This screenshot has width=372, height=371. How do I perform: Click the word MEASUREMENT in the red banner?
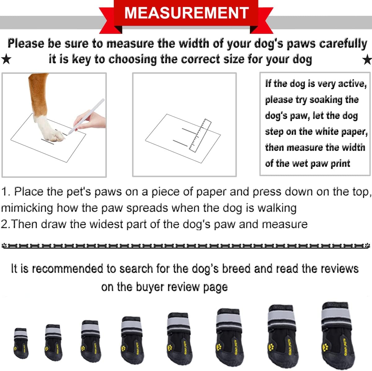coord(186,13)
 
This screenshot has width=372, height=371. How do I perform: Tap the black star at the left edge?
coord(6,59)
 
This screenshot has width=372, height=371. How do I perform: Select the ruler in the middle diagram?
coord(200,136)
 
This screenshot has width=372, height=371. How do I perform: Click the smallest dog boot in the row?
coord(21,343)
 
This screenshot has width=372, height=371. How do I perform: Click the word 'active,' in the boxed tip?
coord(352,83)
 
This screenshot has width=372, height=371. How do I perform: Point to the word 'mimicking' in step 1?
coord(27,208)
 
